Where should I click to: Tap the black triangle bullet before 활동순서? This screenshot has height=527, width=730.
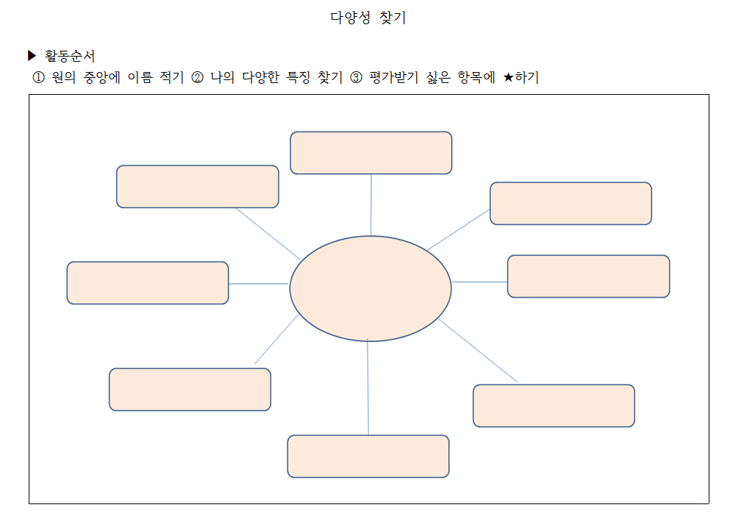tap(32, 55)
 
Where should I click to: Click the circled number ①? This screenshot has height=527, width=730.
tap(39, 78)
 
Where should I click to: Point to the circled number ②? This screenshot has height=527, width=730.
tap(197, 78)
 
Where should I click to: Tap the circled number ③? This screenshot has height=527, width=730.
tap(357, 78)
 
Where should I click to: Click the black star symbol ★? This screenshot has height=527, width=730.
tap(509, 78)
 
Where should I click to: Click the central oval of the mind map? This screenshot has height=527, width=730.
tap(371, 288)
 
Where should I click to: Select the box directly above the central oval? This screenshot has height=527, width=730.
tap(371, 153)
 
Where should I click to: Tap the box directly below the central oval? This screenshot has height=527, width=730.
tap(368, 456)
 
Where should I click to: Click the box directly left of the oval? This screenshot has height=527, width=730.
tap(148, 283)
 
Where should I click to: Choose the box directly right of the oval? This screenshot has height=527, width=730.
tap(588, 276)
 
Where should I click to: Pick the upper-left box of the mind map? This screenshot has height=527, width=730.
tap(197, 187)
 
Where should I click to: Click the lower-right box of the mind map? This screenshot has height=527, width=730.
tap(554, 406)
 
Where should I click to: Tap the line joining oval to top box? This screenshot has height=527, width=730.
tap(371, 205)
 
